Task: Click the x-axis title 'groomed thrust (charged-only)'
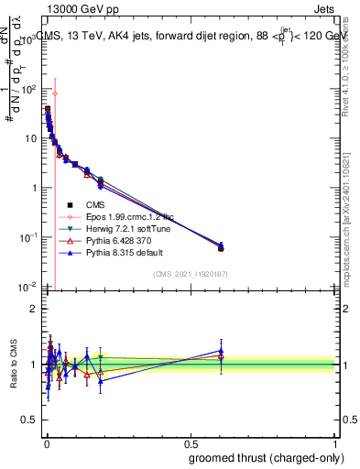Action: point(265,457)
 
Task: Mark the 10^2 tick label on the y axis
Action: point(27,90)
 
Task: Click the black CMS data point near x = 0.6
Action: point(221,247)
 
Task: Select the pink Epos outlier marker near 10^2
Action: point(55,93)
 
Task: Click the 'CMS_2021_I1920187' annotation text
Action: point(190,274)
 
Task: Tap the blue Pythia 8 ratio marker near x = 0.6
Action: point(221,350)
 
